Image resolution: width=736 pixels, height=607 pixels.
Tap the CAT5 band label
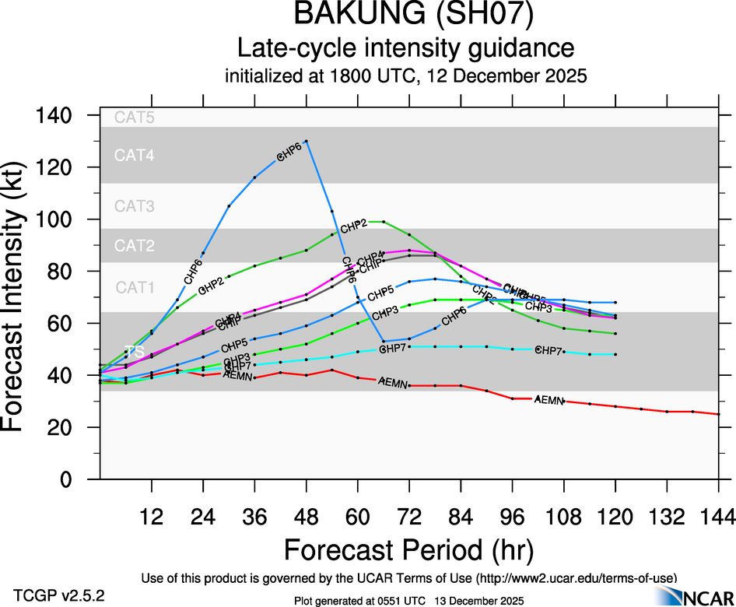click(135, 118)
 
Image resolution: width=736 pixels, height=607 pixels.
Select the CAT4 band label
click(135, 156)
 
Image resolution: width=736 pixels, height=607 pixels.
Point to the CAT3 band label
click(135, 206)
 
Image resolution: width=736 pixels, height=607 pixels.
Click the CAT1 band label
click(135, 287)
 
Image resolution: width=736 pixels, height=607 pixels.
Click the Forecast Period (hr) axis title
click(408, 550)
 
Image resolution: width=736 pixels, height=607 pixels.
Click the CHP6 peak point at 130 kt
click(307, 142)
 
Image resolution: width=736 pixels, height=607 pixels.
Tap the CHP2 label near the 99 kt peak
click(353, 226)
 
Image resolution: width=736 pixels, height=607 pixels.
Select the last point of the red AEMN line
click(718, 414)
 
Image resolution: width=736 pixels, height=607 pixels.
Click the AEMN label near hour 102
click(550, 399)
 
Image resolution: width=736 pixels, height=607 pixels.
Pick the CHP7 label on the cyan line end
click(549, 351)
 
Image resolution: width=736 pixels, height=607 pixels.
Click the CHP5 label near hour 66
click(380, 294)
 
